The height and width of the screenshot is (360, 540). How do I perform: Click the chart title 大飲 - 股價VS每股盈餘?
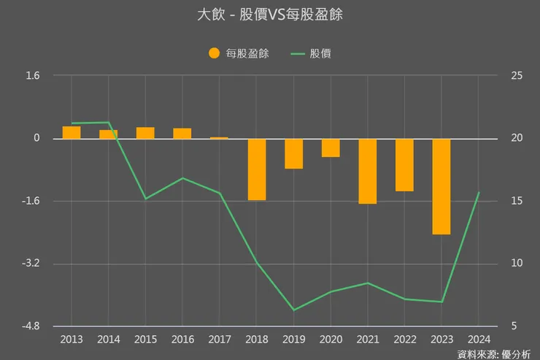pos(269,15)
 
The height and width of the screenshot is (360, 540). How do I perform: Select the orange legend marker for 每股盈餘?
pos(214,53)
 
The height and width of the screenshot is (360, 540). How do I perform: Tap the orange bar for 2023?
pos(441,186)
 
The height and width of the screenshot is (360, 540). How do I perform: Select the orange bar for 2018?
pos(257,169)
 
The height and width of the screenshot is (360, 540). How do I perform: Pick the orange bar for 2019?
pos(294,153)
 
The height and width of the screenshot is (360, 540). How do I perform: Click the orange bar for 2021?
pos(368,171)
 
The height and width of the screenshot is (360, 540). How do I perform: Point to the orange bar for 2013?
pos(72,132)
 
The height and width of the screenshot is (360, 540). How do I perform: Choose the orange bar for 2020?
pos(331,148)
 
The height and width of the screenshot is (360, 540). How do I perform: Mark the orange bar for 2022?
pos(404,165)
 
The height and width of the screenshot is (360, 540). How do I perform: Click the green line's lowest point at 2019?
pos(294,310)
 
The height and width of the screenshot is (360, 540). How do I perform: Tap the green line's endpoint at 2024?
pos(478,193)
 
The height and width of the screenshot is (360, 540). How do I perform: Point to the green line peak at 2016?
pos(182,178)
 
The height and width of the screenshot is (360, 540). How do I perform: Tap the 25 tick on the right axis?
pos(516,76)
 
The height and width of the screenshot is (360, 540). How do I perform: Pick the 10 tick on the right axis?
pos(516,264)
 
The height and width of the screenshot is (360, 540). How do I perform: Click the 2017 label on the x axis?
pos(220,340)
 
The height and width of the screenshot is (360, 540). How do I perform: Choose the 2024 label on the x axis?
pos(478,340)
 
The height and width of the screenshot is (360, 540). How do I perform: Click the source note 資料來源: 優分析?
pos(494,354)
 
